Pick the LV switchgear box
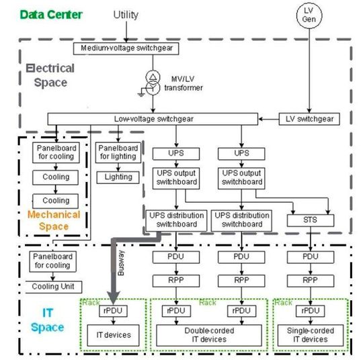pyautogui.click(x=309, y=119)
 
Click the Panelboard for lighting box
pyautogui.click(x=118, y=152)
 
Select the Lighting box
pyautogui.click(x=118, y=177)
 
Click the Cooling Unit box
pyautogui.click(x=53, y=287)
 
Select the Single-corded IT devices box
pyautogui.click(x=310, y=334)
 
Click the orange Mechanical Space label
pyautogui.click(x=54, y=221)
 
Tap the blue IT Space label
pyautogui.click(x=48, y=319)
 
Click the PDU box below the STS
pyautogui.click(x=310, y=257)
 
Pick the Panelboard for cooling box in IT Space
pyautogui.click(x=53, y=261)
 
